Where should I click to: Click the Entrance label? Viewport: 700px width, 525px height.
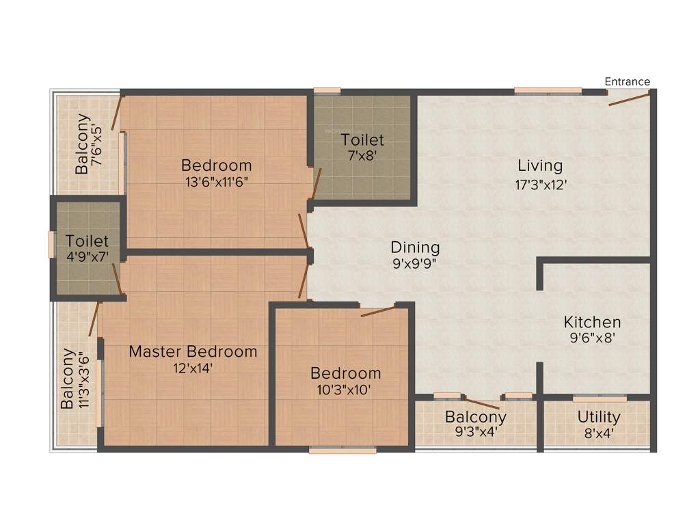[627, 81]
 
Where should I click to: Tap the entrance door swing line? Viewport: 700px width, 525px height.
[629, 99]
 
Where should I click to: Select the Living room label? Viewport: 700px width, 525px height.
[540, 165]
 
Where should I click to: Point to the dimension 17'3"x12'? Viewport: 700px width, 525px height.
[541, 184]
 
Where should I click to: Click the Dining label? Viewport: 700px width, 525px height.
[415, 247]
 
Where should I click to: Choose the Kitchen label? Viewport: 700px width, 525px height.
[592, 322]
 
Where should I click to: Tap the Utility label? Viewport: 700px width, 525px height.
[599, 417]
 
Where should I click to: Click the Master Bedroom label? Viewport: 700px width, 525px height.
[193, 351]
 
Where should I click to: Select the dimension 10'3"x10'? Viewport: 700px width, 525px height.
[345, 390]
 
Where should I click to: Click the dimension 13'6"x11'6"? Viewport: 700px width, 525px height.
[216, 183]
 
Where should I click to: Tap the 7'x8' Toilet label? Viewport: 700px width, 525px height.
[362, 140]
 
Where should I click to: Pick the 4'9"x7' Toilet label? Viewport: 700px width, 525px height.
[87, 241]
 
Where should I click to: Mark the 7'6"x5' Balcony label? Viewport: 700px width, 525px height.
[82, 144]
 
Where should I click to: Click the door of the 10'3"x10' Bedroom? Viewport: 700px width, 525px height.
[378, 311]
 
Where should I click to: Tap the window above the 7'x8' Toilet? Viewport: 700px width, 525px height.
[327, 90]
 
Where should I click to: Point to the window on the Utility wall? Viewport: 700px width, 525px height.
[600, 398]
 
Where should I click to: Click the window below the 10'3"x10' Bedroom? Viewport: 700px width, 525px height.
[342, 450]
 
